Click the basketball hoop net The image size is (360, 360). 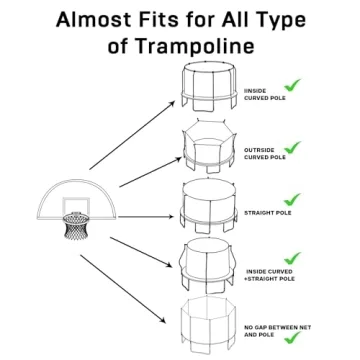[76, 227]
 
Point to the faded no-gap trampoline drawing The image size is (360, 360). [207, 326]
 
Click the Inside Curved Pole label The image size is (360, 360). [257, 96]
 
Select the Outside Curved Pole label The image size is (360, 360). [264, 153]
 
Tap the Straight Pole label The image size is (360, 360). [268, 213]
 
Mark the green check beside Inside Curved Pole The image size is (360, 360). [293, 87]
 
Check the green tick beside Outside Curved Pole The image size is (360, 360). [293, 146]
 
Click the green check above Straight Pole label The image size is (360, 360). [293, 200]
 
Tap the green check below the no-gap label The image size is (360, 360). [293, 340]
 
